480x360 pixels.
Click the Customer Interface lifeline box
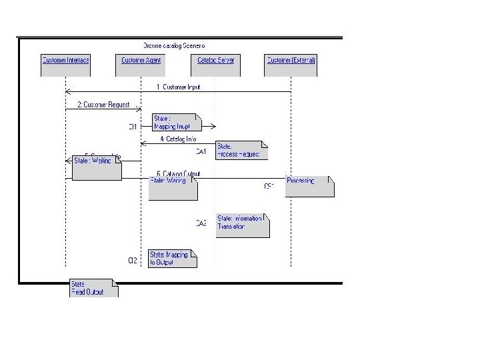(x=65, y=61)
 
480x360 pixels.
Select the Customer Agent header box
(x=141, y=61)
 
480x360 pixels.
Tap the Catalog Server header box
(x=216, y=61)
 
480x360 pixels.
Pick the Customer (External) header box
(x=291, y=61)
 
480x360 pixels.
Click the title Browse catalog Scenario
(x=175, y=45)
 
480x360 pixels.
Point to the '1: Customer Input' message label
(x=178, y=87)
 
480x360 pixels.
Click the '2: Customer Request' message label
(x=103, y=105)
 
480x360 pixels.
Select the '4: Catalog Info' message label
(x=178, y=139)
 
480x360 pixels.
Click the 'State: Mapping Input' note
(x=175, y=123)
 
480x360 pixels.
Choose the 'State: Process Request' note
(x=241, y=151)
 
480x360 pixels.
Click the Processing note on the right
(x=309, y=186)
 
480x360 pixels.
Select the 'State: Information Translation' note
(x=242, y=226)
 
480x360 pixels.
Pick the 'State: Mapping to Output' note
(x=172, y=258)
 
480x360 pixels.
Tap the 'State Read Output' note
(x=93, y=289)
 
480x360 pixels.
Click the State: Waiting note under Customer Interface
(x=97, y=168)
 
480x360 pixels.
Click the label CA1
(x=201, y=151)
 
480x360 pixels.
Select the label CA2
(x=201, y=224)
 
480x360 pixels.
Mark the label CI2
(x=133, y=260)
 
